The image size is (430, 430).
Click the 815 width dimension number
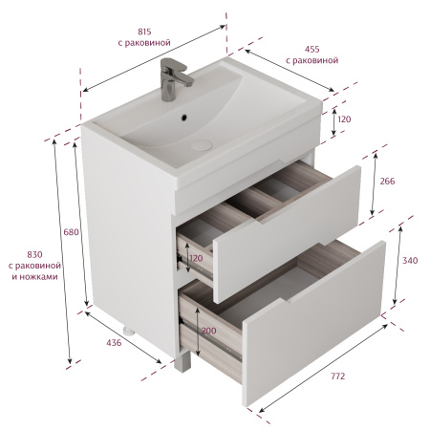point(144,32)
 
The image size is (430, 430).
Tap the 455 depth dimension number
point(312,50)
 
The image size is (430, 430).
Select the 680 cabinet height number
point(71,232)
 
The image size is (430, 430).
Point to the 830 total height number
point(34,255)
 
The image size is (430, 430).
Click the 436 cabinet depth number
point(114,343)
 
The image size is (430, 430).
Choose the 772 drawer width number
point(337,376)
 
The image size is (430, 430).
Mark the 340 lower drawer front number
point(410,261)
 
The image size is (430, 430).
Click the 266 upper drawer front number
point(387,182)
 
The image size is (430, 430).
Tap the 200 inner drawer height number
point(209,331)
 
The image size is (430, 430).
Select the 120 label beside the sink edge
point(344,119)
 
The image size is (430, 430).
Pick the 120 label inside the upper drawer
point(196,258)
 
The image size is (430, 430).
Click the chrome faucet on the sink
point(174,79)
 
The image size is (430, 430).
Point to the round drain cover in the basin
point(202,145)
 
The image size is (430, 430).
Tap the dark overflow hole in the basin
point(183,118)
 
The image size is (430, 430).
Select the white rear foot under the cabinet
point(128,331)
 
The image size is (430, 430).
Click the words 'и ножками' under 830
point(34,276)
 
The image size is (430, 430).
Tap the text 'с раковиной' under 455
point(312,60)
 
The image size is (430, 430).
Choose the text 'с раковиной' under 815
point(144,43)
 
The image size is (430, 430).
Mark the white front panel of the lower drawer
point(313,323)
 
